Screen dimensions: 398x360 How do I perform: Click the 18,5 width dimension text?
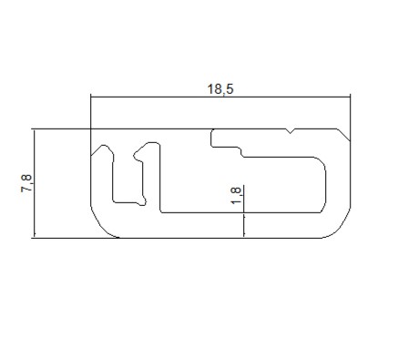[x=220, y=89]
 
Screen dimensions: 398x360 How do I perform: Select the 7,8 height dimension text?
[x=26, y=183]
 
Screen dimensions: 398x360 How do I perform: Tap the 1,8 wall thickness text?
[x=236, y=195]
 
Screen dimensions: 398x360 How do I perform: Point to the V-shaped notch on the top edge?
[x=291, y=131]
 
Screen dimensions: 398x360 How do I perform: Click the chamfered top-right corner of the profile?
[x=343, y=135]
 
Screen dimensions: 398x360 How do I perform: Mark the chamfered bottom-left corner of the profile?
[x=102, y=225]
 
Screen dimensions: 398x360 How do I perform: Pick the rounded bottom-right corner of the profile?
[x=338, y=226]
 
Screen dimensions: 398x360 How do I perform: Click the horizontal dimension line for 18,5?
[x=220, y=98]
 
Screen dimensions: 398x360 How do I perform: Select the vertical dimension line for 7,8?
[x=35, y=183]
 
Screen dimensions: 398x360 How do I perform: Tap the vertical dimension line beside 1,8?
[x=244, y=211]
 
